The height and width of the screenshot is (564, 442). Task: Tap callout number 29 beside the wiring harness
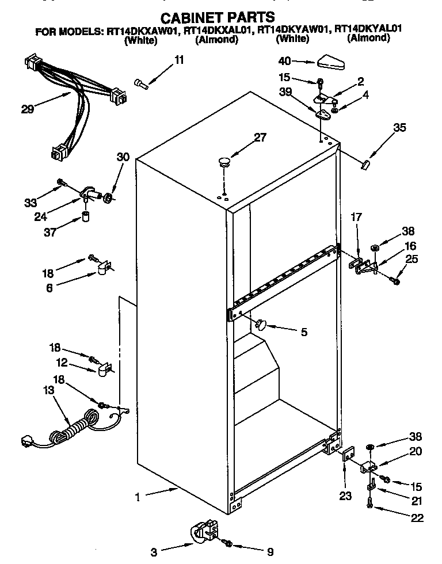point(27,108)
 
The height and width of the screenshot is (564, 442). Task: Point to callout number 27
point(260,137)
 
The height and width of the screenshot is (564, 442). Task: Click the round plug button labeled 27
point(224,161)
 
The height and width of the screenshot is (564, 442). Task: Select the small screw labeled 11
point(142,84)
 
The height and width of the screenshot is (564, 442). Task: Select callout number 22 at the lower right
point(417,518)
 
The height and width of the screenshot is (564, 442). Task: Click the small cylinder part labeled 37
point(85,218)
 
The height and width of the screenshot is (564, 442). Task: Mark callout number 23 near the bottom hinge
point(345,497)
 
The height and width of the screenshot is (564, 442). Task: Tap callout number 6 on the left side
point(49,288)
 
